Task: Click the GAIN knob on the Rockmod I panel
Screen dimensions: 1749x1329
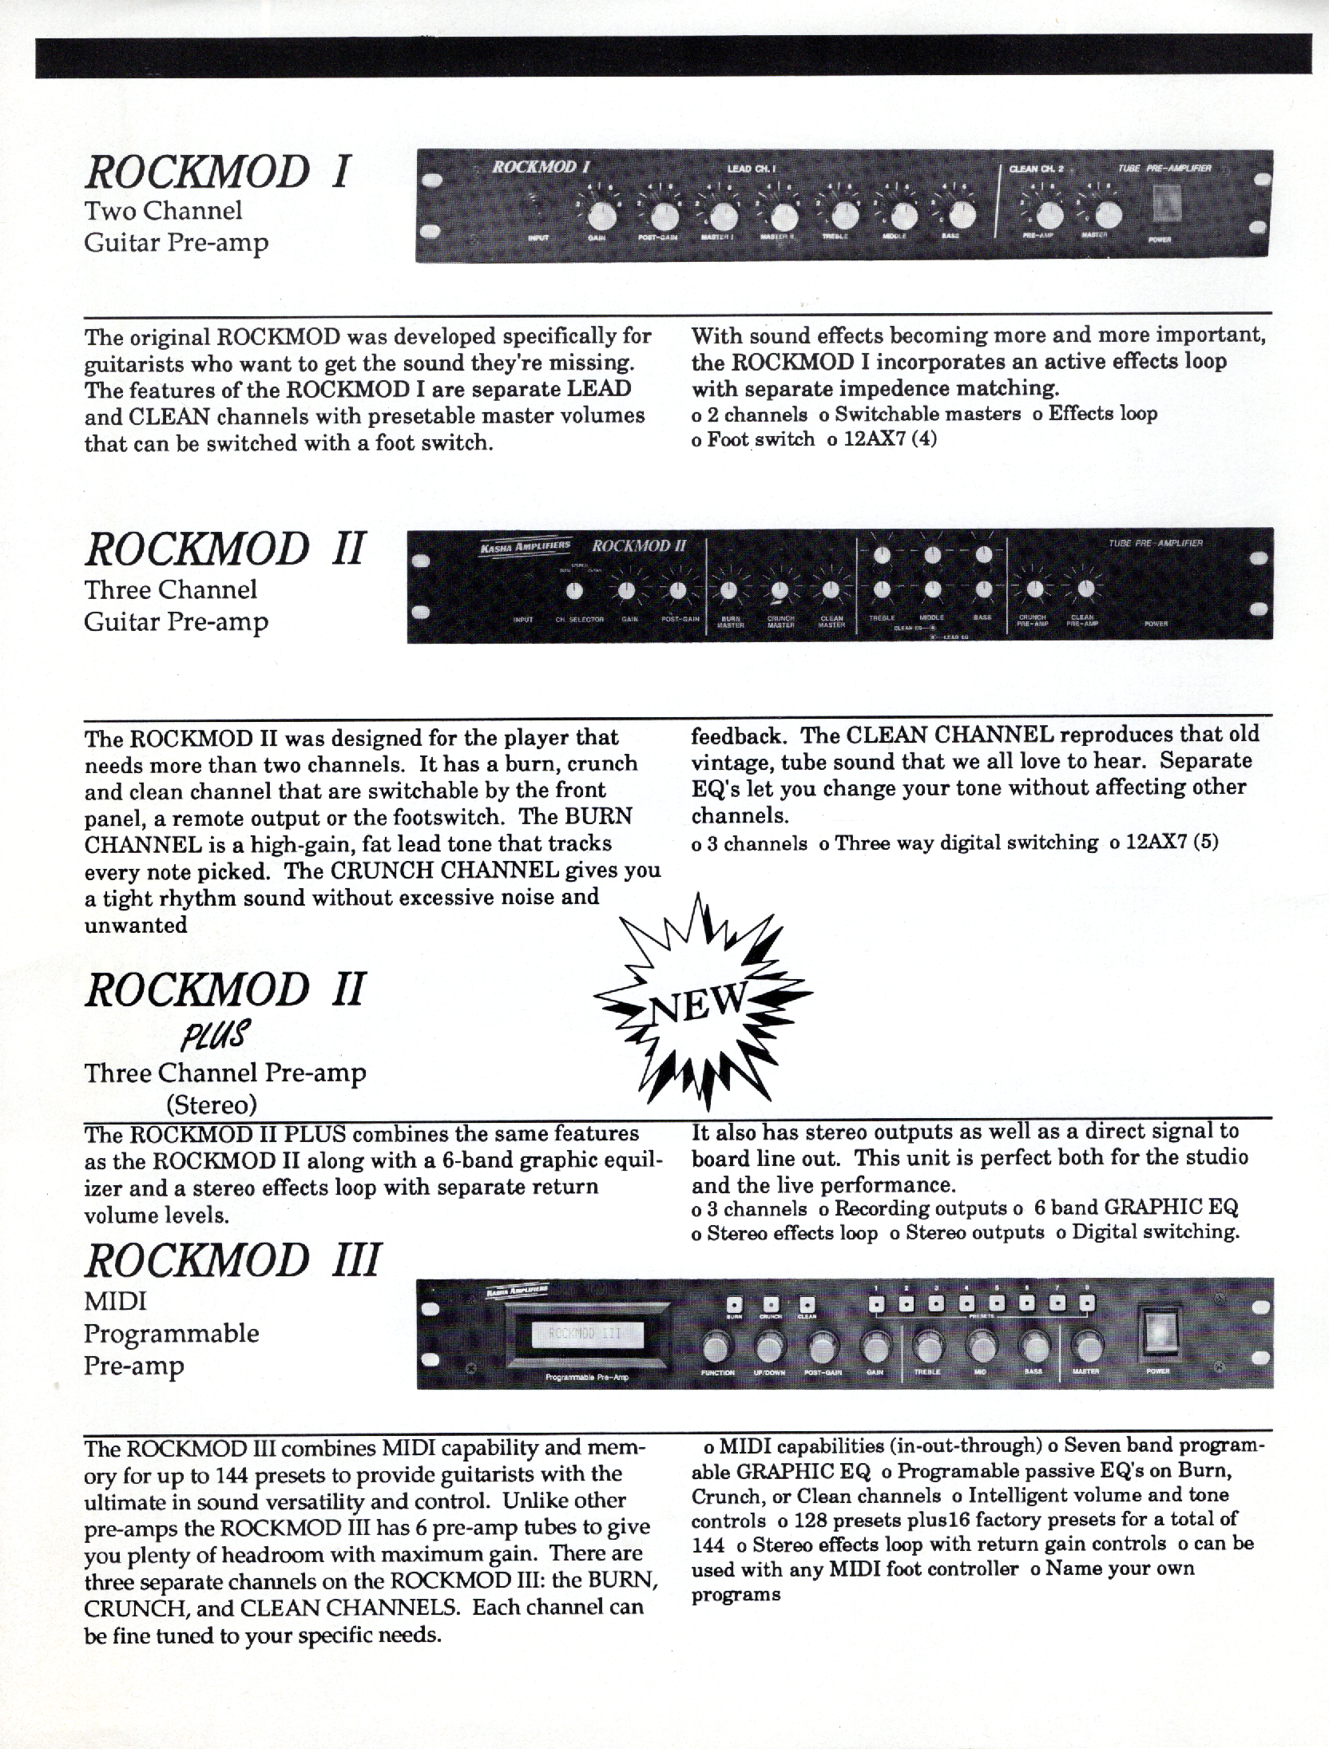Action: pos(602,214)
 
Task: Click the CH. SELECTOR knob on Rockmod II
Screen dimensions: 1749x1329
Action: pos(573,591)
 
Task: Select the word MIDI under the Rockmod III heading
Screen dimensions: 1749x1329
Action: pos(115,1302)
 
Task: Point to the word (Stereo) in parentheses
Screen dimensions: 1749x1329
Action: pos(212,1105)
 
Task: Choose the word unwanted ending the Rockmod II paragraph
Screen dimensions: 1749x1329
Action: pos(136,925)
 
